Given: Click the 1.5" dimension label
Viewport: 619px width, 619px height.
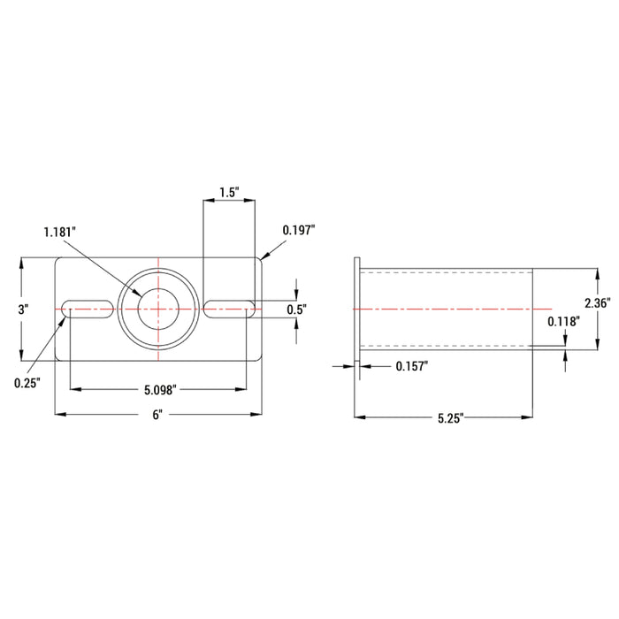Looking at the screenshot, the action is [229, 192].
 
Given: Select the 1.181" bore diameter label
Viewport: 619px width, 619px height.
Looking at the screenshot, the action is [59, 232].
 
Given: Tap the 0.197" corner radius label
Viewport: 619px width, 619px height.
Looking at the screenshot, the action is [299, 230].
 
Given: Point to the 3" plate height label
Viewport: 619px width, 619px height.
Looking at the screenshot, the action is [24, 309].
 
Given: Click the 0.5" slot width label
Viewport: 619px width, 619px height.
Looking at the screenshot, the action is [297, 309].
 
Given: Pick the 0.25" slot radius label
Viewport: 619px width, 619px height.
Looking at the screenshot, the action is [27, 383].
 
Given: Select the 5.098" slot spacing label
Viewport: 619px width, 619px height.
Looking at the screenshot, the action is [160, 390].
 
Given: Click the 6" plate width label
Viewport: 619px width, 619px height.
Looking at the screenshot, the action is [157, 415].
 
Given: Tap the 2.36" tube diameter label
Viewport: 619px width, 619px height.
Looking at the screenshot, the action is [598, 302].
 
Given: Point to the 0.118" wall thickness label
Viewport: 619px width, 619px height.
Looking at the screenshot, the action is [564, 322].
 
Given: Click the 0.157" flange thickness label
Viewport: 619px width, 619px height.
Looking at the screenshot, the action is [412, 366].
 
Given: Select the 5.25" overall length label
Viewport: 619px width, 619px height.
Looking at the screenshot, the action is [450, 418].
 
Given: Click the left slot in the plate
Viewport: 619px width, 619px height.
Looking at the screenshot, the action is [88, 309].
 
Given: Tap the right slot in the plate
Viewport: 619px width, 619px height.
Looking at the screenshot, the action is [230, 309].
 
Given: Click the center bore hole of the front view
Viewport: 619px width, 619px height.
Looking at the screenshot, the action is [158, 309].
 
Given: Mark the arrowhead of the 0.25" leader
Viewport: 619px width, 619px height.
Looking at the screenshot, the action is [64, 317].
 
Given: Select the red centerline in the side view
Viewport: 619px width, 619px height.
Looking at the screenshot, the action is [453, 309].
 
